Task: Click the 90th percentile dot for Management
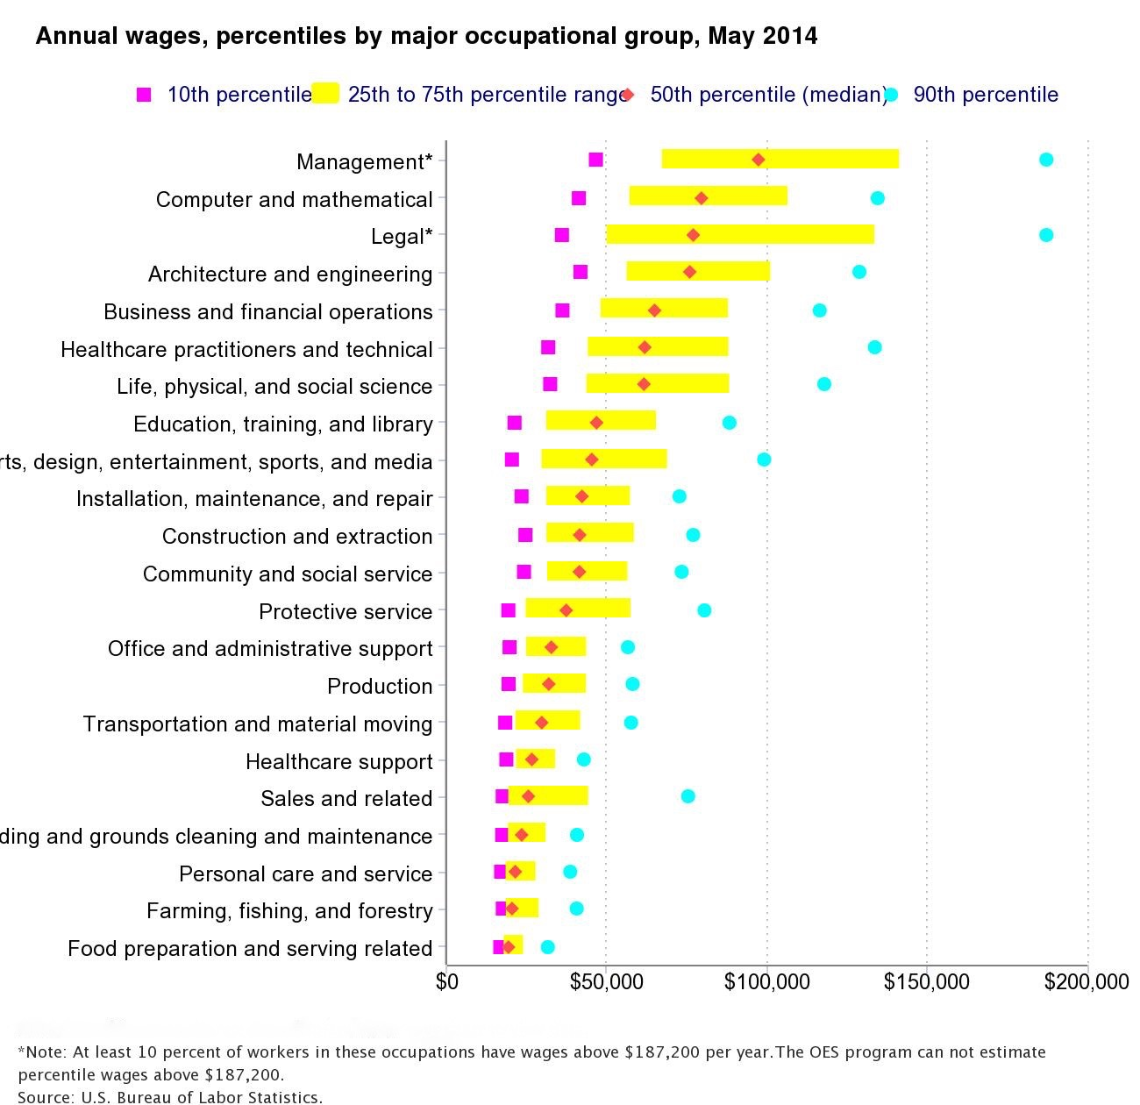click(1045, 160)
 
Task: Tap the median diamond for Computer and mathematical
click(701, 198)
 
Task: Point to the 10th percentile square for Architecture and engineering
click(580, 272)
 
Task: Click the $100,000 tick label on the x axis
click(767, 982)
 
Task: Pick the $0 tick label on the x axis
click(446, 982)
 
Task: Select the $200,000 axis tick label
click(1086, 982)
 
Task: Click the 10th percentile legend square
click(144, 95)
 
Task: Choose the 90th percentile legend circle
click(891, 95)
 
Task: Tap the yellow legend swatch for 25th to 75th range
click(325, 93)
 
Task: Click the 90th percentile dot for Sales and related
click(688, 796)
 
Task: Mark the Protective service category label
click(346, 611)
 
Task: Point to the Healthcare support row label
click(338, 762)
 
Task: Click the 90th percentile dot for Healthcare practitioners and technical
click(874, 347)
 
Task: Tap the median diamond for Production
click(548, 684)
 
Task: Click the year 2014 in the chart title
click(790, 36)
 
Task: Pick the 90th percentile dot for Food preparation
click(547, 947)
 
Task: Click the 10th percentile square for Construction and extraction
click(524, 535)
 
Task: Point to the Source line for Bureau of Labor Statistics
click(170, 1096)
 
